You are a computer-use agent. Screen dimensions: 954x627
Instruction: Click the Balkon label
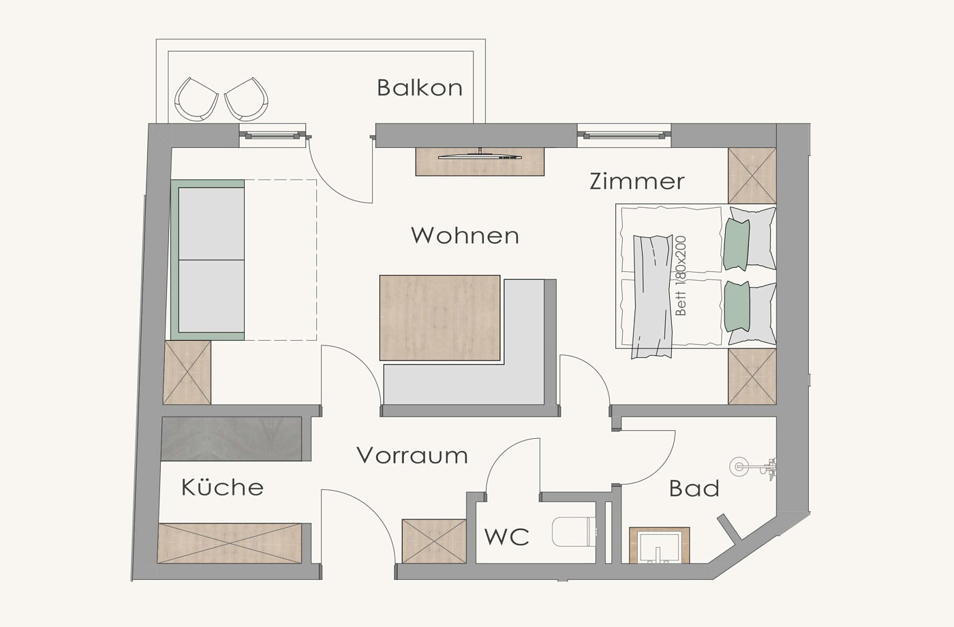420,88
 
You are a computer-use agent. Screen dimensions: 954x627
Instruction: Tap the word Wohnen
465,235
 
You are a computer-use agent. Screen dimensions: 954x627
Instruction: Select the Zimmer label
637,181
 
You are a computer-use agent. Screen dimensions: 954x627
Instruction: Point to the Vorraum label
412,455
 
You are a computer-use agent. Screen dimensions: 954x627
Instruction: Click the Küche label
222,487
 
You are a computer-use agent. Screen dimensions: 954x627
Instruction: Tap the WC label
507,537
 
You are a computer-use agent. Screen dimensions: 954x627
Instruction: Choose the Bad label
694,488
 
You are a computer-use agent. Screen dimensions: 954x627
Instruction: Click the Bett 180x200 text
681,275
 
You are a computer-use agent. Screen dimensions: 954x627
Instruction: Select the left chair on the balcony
196,100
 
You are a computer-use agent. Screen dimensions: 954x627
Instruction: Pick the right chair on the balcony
247,100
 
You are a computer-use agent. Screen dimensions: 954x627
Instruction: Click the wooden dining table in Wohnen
440,318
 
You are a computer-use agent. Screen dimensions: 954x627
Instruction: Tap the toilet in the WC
573,532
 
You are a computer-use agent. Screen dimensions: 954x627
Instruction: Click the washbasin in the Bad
660,546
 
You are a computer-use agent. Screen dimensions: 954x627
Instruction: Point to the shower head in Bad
739,468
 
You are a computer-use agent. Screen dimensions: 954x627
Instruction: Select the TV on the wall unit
480,155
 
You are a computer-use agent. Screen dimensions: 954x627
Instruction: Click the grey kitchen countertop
231,438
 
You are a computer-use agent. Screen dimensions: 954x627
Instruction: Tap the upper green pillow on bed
737,245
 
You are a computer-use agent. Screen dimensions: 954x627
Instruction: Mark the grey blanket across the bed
651,296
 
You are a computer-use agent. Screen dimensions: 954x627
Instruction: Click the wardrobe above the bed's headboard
752,176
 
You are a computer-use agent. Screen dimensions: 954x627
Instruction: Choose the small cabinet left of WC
434,541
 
